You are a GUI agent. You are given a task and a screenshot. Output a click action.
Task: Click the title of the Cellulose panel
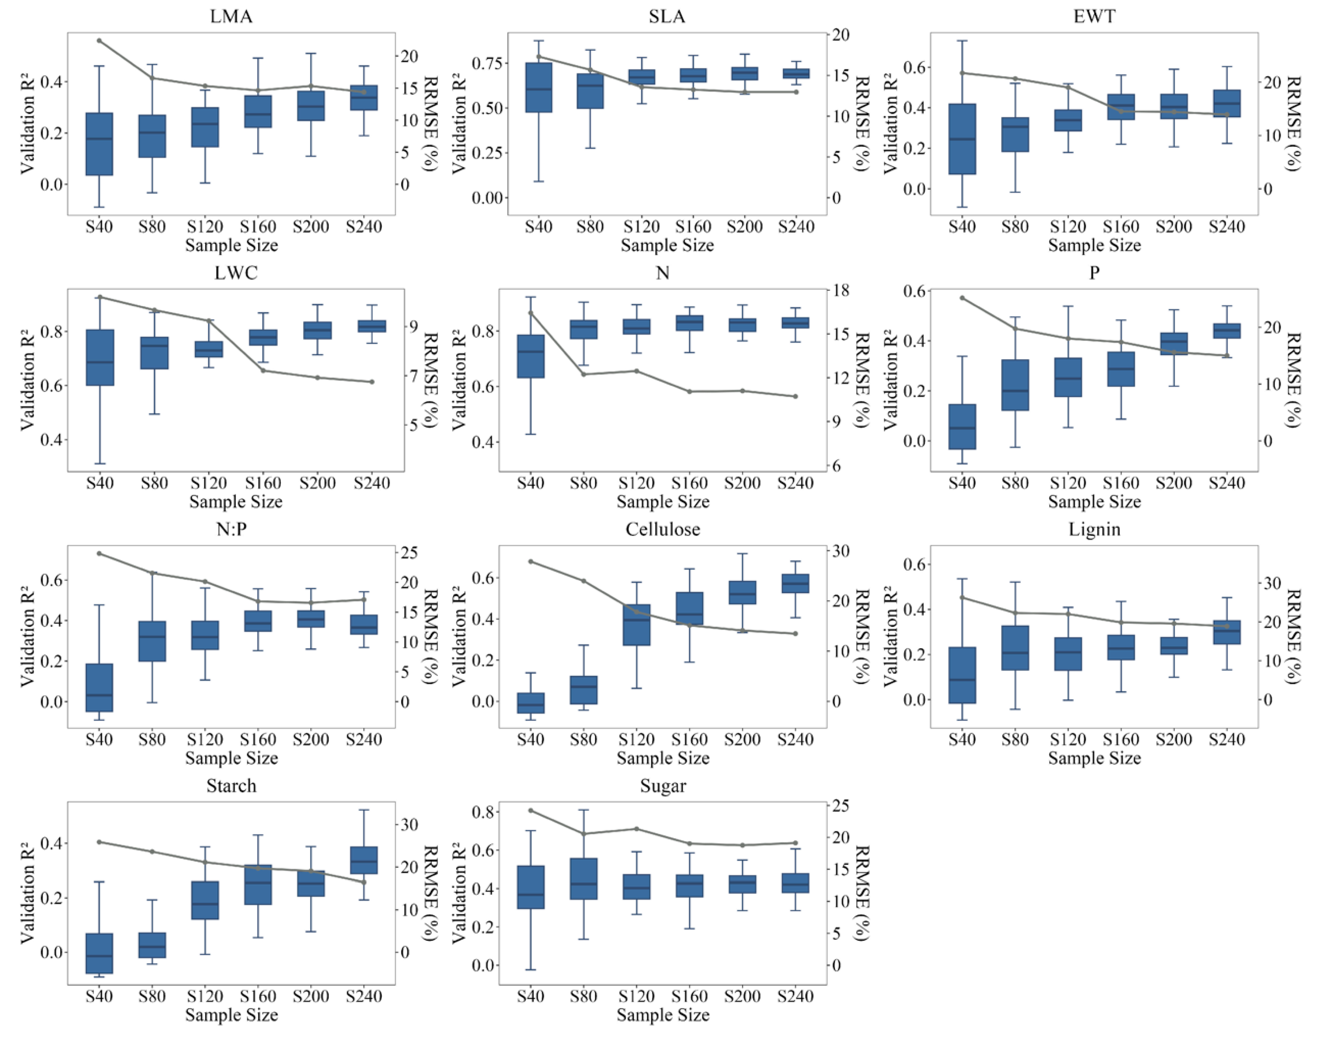pyautogui.click(x=662, y=529)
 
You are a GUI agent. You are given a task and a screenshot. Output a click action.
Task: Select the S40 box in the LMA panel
pyautogui.click(x=99, y=144)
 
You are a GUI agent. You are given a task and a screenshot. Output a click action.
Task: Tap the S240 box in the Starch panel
pyautogui.click(x=364, y=860)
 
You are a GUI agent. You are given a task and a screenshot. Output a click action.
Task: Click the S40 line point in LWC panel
pyautogui.click(x=100, y=297)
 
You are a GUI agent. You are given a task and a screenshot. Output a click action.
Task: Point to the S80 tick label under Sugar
pyautogui.click(x=583, y=996)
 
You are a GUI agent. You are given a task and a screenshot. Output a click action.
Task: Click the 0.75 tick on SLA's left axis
pyautogui.click(x=486, y=64)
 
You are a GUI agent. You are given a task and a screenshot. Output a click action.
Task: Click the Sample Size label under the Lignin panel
pyautogui.click(x=1094, y=758)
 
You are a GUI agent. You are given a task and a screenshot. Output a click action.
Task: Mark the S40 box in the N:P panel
pyautogui.click(x=99, y=687)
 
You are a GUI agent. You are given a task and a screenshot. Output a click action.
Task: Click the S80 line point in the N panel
pyautogui.click(x=583, y=374)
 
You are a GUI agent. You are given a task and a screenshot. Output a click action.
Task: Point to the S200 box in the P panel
pyautogui.click(x=1173, y=344)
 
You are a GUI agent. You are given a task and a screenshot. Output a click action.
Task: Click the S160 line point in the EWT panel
pyautogui.click(x=1120, y=111)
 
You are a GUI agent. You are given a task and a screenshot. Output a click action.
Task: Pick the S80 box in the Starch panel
pyautogui.click(x=152, y=945)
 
